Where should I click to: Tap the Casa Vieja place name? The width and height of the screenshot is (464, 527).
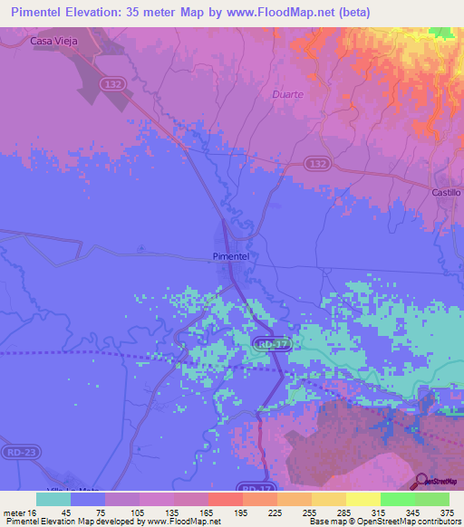[x=53, y=41]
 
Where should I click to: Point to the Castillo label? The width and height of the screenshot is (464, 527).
[x=446, y=193]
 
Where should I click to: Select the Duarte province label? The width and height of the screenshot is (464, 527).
[x=287, y=93]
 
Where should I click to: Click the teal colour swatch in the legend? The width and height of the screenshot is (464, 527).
[x=53, y=499]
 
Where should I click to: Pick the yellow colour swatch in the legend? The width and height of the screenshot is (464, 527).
[x=363, y=499]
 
